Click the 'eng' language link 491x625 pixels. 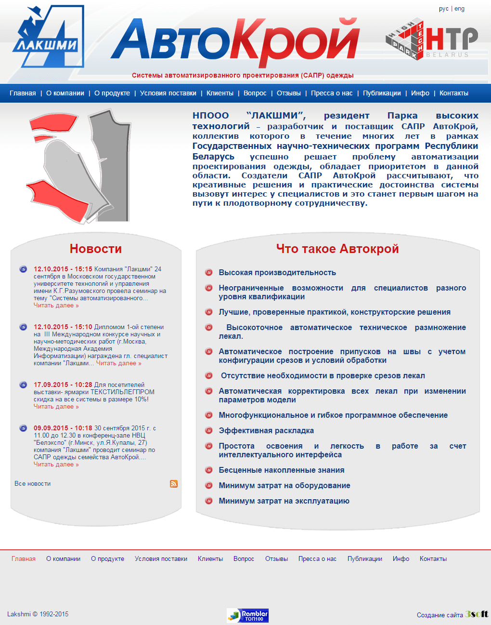460,9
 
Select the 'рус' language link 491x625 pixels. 443,9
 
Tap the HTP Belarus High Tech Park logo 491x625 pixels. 432,40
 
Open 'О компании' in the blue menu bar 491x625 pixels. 65,93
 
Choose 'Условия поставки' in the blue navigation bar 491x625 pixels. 168,93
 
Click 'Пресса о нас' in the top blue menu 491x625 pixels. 332,93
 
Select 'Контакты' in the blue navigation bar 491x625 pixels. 453,93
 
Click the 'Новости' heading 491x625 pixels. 96,249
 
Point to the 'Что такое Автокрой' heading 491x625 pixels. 337,249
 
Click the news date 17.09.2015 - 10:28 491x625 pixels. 63,385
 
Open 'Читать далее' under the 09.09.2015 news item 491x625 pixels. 56,465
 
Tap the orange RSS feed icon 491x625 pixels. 174,484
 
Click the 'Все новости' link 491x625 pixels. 32,483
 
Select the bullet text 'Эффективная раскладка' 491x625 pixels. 266,430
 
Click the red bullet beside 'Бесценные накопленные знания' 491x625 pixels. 209,470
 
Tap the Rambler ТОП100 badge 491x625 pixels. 247,615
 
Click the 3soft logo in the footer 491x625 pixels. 477,614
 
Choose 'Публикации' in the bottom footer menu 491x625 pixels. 364,559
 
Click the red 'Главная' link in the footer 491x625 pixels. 24,559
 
